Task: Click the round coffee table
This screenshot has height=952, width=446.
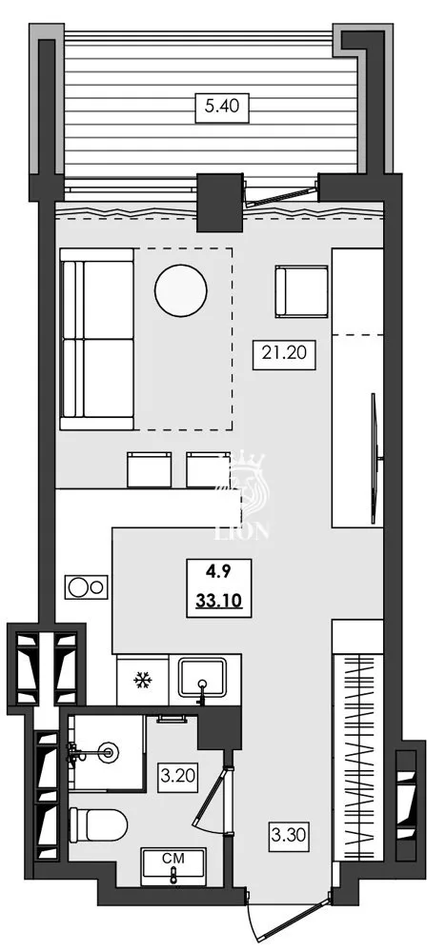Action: point(180,289)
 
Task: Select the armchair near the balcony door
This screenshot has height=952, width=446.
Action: point(300,290)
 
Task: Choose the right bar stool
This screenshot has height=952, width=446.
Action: point(208,469)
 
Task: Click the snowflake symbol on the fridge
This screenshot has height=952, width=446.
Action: point(144,680)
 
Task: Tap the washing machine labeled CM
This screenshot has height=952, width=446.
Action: point(172,866)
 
